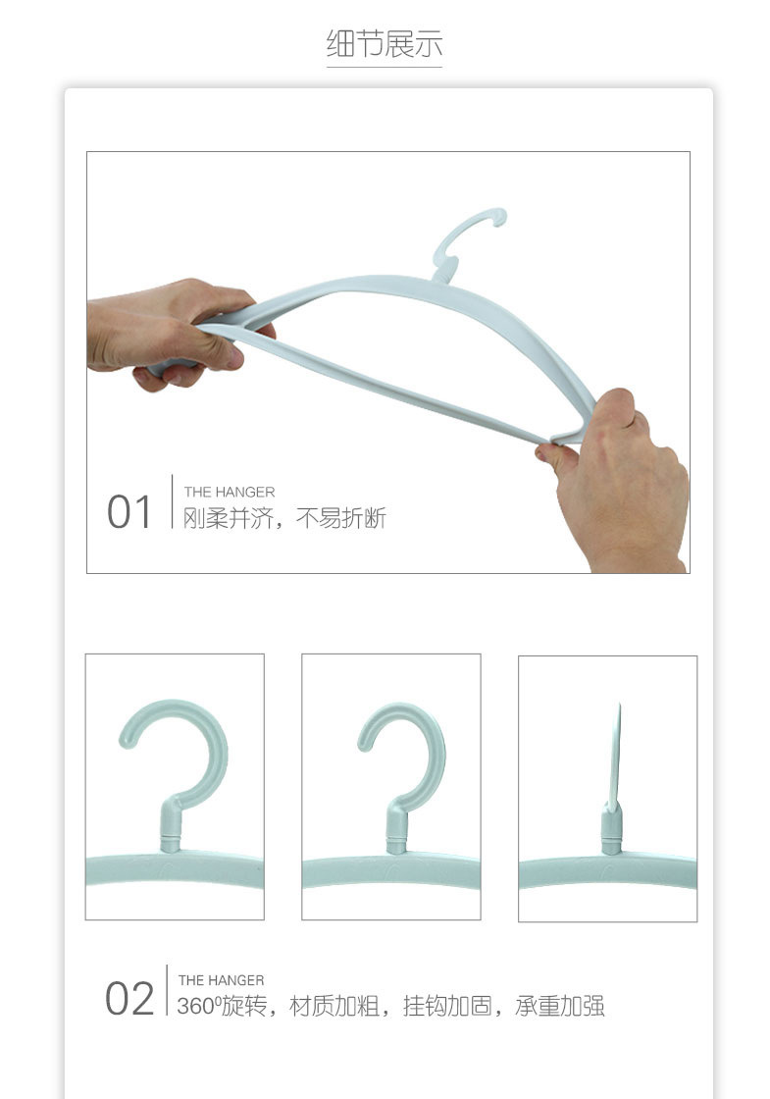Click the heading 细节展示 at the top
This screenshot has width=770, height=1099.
click(x=385, y=44)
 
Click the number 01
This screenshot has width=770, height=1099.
click(x=129, y=513)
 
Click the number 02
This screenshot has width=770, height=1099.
click(x=129, y=1000)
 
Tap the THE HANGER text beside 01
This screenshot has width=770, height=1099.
click(x=230, y=492)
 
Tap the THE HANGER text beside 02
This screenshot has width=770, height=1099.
click(x=221, y=979)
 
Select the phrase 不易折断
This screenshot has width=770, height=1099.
click(x=340, y=518)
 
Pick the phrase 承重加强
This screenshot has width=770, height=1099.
click(x=560, y=1006)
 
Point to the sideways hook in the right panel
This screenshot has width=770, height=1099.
click(x=616, y=756)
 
